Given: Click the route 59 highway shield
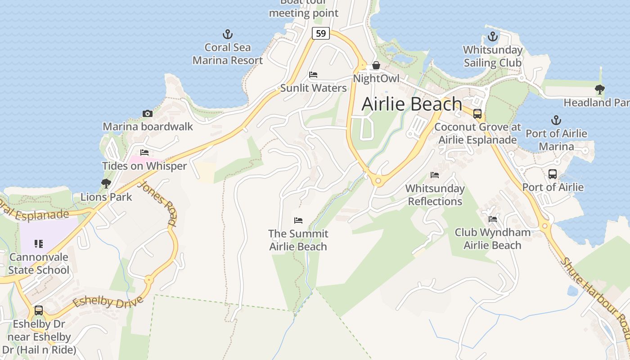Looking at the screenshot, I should (320, 33).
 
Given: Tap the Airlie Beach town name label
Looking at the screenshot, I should (412, 104).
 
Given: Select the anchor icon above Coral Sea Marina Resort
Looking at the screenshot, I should (228, 34).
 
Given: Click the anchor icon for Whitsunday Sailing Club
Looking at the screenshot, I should (493, 36).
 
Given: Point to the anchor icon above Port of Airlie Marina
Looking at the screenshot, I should (556, 120).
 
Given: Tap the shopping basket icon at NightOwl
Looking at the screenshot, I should (376, 66).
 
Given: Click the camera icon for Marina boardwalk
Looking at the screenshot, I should (147, 113).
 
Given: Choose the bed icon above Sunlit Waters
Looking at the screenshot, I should (313, 75).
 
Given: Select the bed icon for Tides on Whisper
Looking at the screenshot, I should (144, 153).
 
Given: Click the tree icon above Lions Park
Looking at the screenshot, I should (106, 184).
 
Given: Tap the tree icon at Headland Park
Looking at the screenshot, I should (599, 90).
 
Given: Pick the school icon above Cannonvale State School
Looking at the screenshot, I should (39, 244).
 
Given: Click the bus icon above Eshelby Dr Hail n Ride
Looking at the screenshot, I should (39, 310).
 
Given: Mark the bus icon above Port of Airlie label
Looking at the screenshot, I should (553, 174).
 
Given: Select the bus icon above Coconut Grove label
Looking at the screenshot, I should (477, 114).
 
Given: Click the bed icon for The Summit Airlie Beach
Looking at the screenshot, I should (298, 220).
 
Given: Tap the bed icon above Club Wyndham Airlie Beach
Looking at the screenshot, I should (493, 219).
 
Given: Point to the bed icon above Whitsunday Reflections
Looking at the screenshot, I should (435, 175).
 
